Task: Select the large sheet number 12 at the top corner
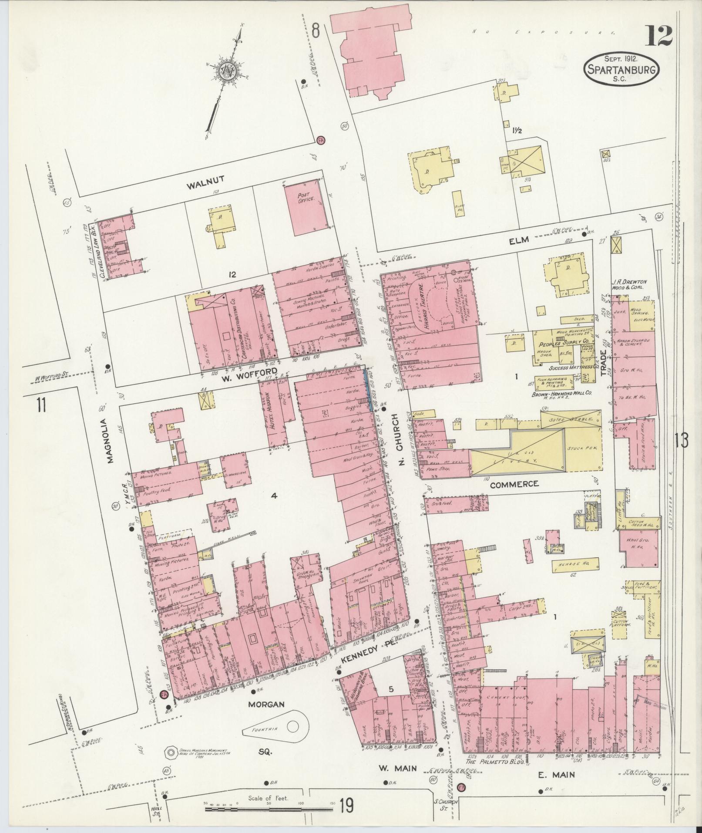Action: click(x=658, y=36)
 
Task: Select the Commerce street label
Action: click(x=514, y=484)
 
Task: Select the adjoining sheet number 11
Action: click(x=41, y=405)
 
